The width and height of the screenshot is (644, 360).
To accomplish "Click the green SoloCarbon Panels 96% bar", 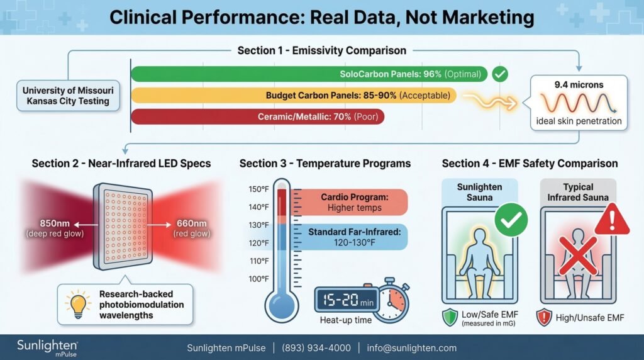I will pos(308,74).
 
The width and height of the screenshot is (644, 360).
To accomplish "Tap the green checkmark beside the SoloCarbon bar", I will pos(500,74).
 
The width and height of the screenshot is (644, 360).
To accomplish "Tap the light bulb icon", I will pos(77,305).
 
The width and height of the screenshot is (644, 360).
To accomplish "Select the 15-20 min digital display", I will pos(347,300).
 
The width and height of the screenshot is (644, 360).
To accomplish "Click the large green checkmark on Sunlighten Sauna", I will pos(511,220).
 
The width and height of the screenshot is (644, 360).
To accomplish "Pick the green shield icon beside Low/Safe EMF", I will pos(448,317).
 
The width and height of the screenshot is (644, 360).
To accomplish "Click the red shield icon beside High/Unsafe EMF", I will pos(545,317).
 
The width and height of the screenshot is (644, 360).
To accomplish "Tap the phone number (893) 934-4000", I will pos(316,348).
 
